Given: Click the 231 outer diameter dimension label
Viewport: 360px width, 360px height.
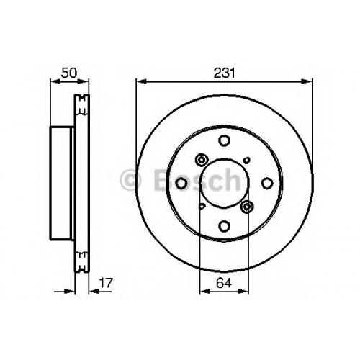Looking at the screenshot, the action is click(225, 73).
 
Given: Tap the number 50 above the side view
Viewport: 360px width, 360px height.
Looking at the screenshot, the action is click(69, 73).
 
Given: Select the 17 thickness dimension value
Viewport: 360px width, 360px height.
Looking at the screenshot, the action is click(106, 283).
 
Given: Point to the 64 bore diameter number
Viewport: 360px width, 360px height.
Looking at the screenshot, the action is click(224, 283).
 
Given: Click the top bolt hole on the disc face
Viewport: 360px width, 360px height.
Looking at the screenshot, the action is click(225, 140).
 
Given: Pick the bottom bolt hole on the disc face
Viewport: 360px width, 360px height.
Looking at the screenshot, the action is click(225, 226).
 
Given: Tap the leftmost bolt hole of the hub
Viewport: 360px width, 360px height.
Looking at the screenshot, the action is click(181, 184).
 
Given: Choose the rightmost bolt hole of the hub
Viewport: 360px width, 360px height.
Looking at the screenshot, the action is click(267, 184).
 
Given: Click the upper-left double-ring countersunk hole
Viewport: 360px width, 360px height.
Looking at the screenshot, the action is click(202, 160).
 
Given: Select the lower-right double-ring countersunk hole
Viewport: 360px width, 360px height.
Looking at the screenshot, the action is click(247, 207).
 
